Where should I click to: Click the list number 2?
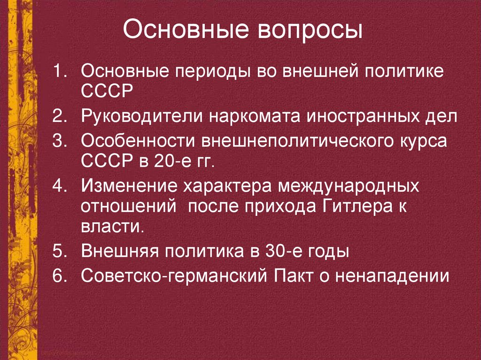(60, 117)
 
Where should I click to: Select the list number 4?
(60, 185)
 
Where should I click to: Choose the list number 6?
(60, 276)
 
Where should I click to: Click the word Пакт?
(293, 276)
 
